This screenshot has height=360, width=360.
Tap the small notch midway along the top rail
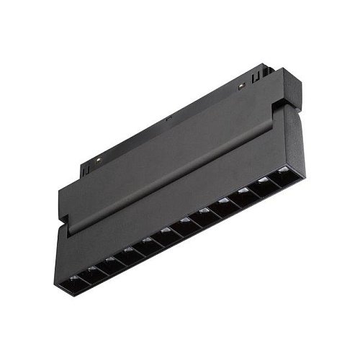coord(168,117)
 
